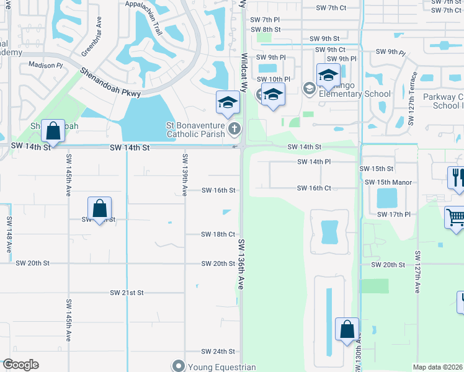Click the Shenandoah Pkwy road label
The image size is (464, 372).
pyautogui.click(x=110, y=82)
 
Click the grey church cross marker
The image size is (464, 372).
pyautogui.click(x=234, y=129)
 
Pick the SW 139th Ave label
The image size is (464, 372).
pyautogui.click(x=185, y=175)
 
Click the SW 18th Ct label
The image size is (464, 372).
pyautogui.click(x=218, y=234)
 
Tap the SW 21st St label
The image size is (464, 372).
pyautogui.click(x=127, y=292)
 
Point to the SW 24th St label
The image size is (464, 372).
pyautogui.click(x=218, y=352)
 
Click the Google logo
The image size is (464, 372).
pyautogui.click(x=20, y=365)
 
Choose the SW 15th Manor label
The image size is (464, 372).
pyautogui.click(x=388, y=182)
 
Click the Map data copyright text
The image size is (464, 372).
pyautogui.click(x=438, y=367)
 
